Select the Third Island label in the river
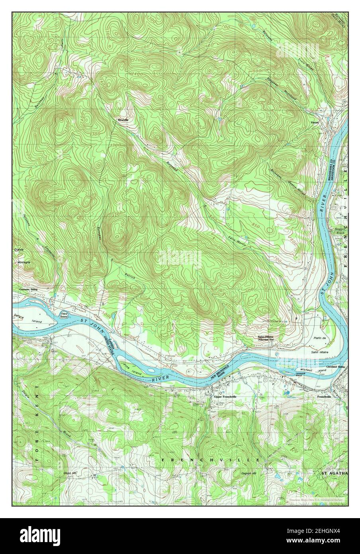click(x=64, y=315)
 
